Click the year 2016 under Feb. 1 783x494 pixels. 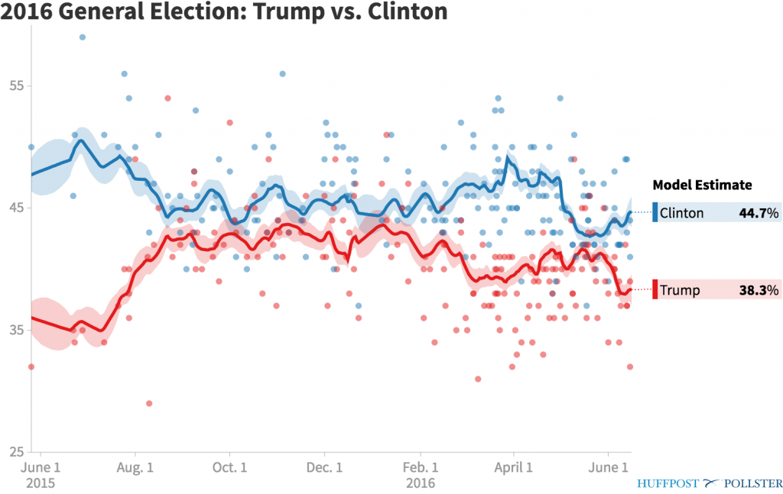421,483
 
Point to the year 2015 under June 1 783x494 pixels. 40,483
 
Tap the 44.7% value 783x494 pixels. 759,213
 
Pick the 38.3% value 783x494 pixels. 759,290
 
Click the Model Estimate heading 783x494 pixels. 702,185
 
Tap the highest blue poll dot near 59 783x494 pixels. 83,37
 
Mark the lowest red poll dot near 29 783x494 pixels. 149,403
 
